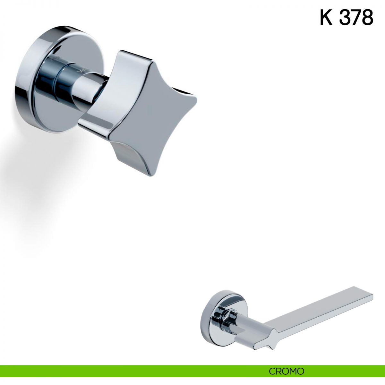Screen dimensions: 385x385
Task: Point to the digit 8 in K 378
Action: tap(367, 18)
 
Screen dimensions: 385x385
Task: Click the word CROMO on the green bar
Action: tap(287, 366)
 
